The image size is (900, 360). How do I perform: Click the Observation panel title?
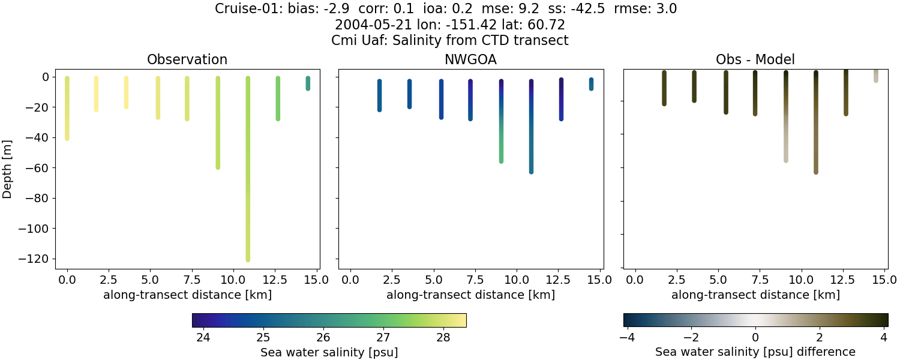[x=187, y=59]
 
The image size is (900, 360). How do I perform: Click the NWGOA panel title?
[x=470, y=59]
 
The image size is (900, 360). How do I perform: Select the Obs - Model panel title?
[x=755, y=59]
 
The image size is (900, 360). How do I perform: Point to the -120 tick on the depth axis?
[x=35, y=259]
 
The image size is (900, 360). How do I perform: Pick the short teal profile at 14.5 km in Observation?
[x=308, y=83]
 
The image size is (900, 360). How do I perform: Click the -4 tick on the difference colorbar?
[x=628, y=337]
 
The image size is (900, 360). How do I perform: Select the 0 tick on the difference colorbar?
[x=755, y=337]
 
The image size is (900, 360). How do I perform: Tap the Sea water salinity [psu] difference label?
[x=755, y=352]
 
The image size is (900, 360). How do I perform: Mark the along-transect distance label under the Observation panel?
[x=187, y=295]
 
